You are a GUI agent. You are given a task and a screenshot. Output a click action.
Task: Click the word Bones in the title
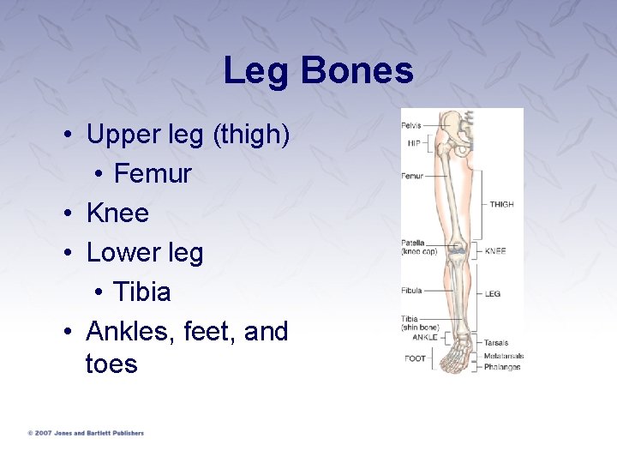tap(356, 71)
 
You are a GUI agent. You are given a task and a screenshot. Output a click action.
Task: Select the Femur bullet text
tap(153, 174)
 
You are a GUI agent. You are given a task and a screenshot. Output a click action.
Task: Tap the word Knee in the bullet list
tap(117, 213)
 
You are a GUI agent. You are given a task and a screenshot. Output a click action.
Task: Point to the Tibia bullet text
tap(142, 292)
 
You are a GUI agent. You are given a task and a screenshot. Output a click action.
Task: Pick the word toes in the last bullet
tap(111, 364)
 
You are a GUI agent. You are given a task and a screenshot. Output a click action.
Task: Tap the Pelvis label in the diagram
tap(411, 126)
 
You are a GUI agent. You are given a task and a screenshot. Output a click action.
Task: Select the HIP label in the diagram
tap(414, 142)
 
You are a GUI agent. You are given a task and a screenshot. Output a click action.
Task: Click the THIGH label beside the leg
tap(501, 204)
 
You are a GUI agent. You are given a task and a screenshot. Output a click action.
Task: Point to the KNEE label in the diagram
tap(495, 251)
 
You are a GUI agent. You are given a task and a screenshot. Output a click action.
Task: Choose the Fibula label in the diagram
tap(412, 290)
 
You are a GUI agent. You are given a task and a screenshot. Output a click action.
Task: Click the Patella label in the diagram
tap(413, 244)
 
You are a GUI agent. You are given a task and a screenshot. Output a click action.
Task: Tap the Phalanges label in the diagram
tap(502, 367)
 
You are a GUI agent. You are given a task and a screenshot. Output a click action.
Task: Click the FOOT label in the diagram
tap(416, 358)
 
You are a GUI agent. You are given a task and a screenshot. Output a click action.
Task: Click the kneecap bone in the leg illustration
tap(458, 250)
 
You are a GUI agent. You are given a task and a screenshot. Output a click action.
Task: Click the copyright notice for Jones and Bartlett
tap(86, 433)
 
